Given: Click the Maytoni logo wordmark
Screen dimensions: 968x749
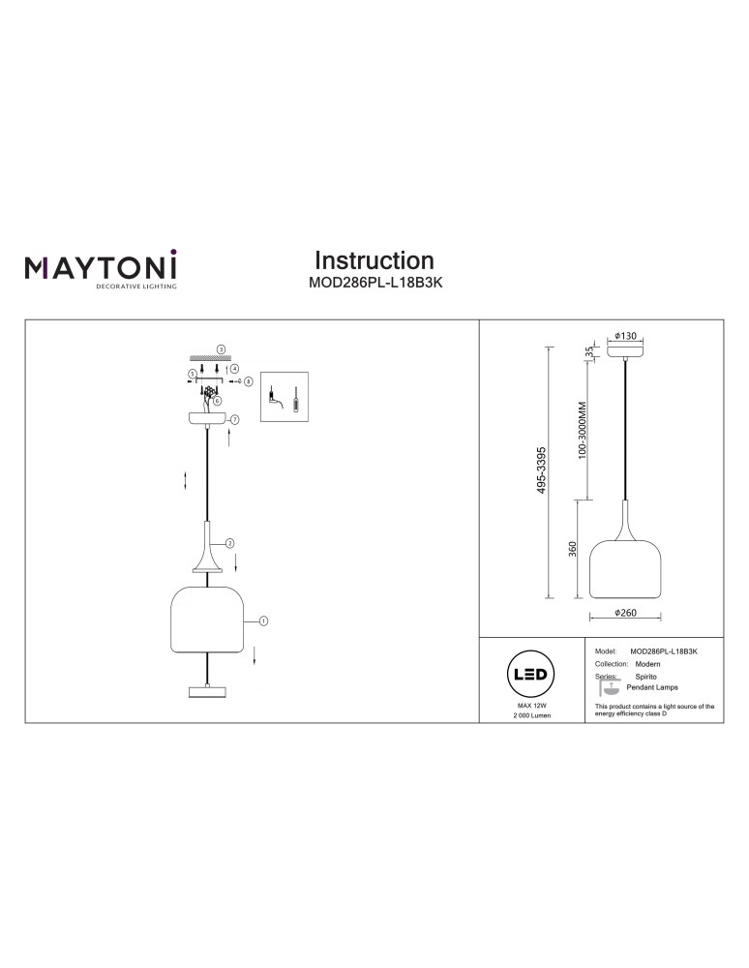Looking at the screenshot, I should tap(101, 266).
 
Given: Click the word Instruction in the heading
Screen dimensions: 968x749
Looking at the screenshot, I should tap(374, 260).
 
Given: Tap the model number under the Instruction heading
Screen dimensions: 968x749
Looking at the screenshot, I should tap(374, 285).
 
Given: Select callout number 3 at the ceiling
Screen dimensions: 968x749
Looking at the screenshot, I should tap(221, 348).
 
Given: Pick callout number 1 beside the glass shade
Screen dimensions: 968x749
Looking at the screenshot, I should tap(262, 620).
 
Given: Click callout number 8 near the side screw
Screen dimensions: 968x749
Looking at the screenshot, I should tap(249, 382).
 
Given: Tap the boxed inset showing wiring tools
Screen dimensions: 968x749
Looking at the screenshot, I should tap(285, 397).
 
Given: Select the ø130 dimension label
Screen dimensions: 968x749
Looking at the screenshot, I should tap(626, 336).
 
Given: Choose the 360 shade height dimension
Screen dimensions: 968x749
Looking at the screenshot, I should tap(574, 550).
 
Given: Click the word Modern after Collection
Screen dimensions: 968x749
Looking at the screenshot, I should tap(647, 666).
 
